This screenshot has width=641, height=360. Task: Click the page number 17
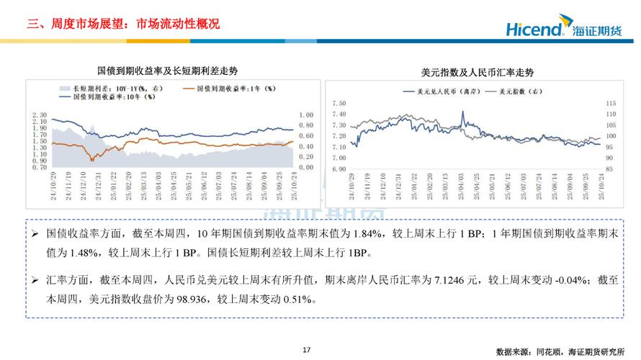coord(306,350)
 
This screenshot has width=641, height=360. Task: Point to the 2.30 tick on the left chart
coord(40,115)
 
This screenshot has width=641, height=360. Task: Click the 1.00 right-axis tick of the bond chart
coord(305,115)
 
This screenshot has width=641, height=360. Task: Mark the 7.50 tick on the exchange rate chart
coord(339,103)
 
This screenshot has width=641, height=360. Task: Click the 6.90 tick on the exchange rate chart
coord(339,168)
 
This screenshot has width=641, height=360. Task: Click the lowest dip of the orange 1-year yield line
coord(91,158)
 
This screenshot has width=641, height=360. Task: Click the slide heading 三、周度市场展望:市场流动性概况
coord(123,24)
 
